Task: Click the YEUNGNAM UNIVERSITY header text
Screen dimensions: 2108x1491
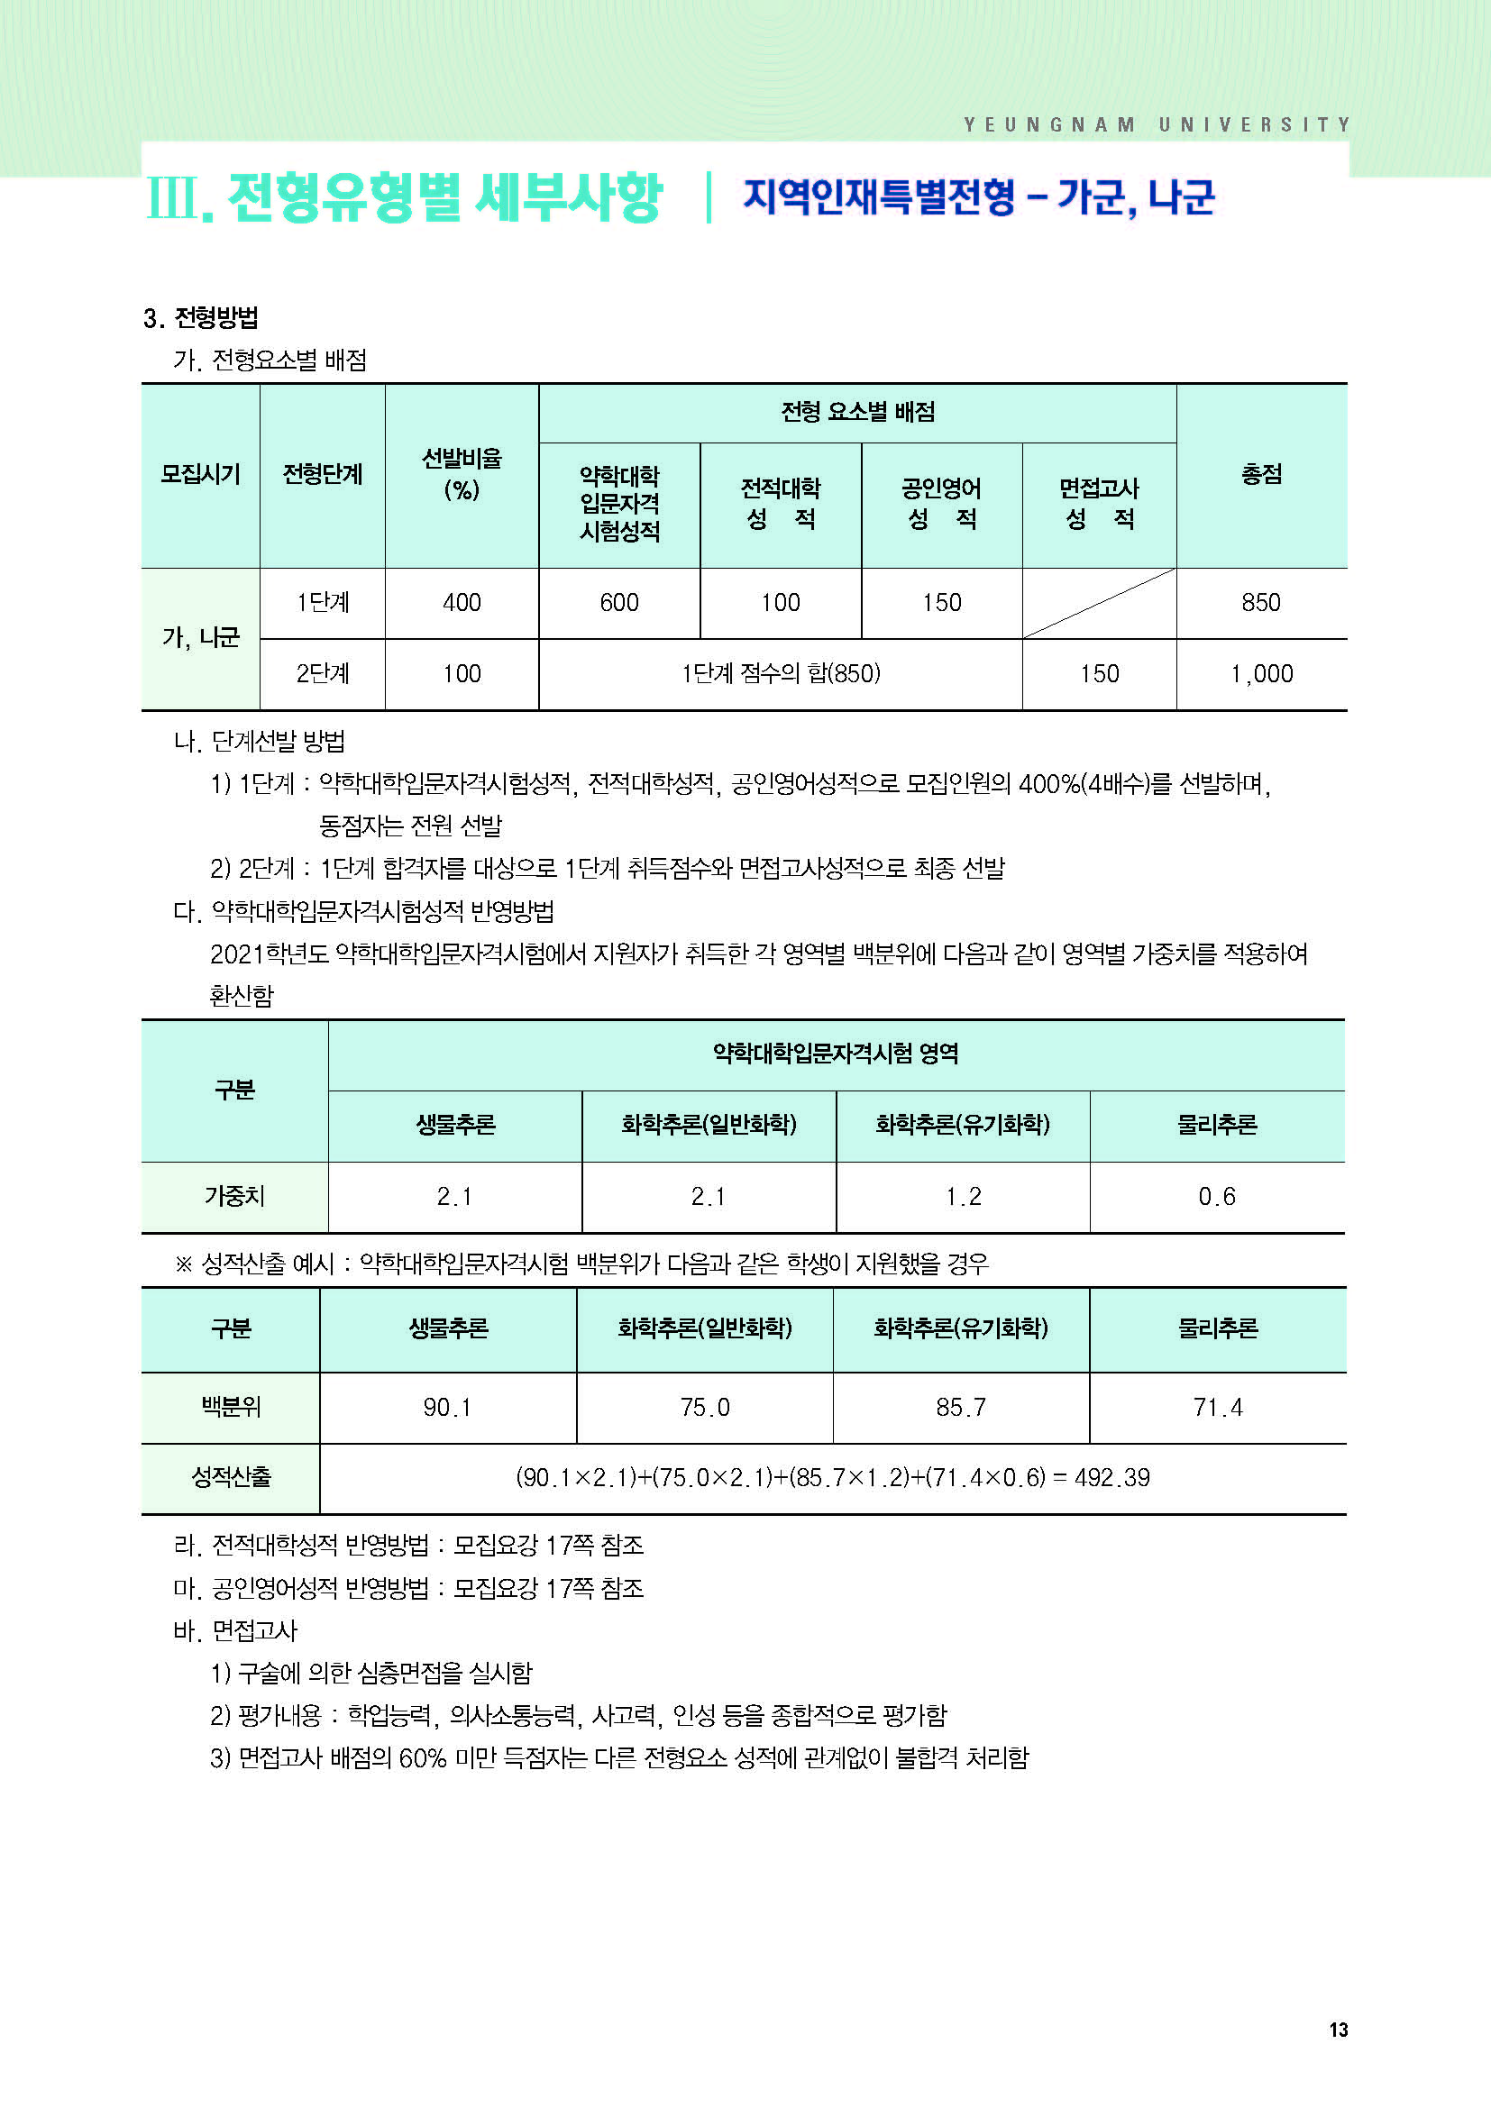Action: tap(1156, 125)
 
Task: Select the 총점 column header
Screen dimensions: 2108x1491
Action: tap(1260, 474)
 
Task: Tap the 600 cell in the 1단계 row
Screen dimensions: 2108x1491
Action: tap(618, 602)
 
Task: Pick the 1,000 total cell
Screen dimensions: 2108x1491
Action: tap(1260, 674)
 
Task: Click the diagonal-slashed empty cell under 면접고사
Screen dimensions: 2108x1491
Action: tap(1098, 602)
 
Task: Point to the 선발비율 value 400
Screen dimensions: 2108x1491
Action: tap(461, 602)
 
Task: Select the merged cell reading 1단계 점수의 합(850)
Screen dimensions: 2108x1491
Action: tap(780, 674)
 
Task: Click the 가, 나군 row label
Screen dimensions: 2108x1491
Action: tap(200, 637)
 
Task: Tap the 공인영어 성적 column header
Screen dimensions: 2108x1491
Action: tap(941, 503)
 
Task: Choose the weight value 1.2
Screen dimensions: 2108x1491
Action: tap(962, 1196)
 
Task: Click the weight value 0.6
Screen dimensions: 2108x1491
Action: tap(1216, 1196)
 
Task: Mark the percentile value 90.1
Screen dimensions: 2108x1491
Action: tap(447, 1408)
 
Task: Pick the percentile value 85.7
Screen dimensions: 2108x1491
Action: tap(960, 1408)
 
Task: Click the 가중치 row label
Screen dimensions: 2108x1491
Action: tap(234, 1196)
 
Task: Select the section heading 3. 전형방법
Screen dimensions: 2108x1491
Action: tap(200, 317)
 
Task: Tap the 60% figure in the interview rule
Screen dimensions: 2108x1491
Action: tap(422, 1757)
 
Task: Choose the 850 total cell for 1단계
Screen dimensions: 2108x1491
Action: tap(1260, 602)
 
